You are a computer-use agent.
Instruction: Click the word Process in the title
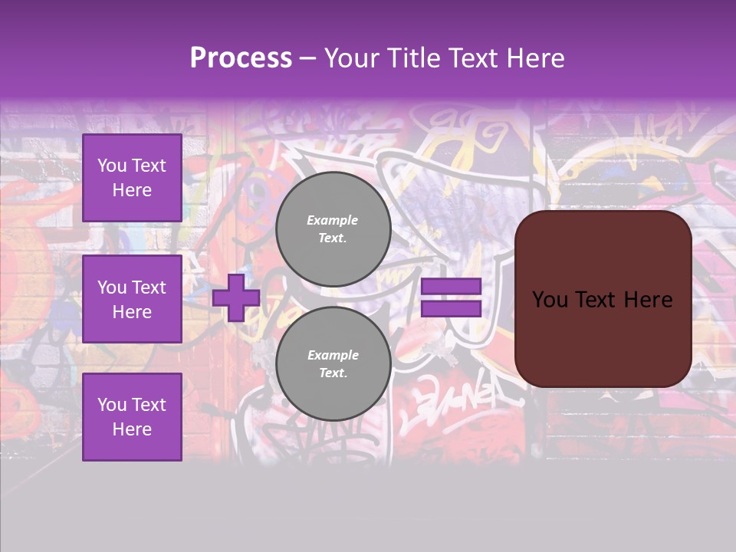click(241, 58)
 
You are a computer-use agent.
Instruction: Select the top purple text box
click(132, 178)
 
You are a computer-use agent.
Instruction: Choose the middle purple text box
click(132, 299)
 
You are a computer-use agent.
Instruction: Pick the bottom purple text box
click(132, 417)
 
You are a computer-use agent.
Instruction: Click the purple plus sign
click(236, 297)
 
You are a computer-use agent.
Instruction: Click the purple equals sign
click(451, 297)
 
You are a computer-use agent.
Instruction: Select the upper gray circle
click(333, 228)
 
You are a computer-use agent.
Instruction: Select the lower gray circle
click(333, 363)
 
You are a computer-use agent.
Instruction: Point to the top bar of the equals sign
click(451, 287)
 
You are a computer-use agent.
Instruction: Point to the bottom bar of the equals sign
click(451, 308)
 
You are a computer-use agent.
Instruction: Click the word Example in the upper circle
click(332, 220)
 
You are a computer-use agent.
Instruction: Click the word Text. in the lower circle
click(332, 373)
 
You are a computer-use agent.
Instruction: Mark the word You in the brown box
click(550, 299)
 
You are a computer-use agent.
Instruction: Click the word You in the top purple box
click(112, 166)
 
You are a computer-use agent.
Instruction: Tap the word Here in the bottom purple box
click(132, 429)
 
